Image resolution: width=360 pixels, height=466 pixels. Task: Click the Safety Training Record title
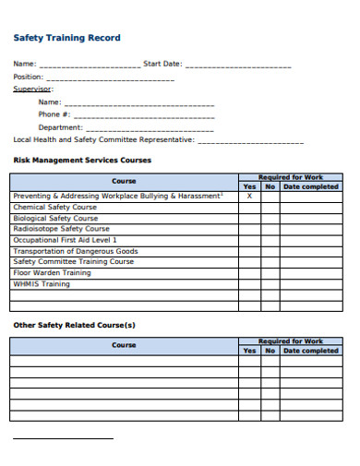coord(66,38)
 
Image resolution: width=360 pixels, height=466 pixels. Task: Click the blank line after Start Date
coord(238,66)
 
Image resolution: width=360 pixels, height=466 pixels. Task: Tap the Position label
coord(28,77)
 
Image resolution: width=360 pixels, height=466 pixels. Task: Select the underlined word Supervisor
coord(32,89)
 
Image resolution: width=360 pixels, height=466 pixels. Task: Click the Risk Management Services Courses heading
coord(82,160)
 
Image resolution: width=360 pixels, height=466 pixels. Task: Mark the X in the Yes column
coord(249,196)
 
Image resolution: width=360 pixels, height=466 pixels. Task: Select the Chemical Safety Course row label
coord(54,207)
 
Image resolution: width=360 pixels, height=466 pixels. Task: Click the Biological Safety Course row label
coord(55,218)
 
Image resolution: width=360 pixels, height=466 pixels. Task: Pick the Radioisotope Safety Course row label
coord(61,229)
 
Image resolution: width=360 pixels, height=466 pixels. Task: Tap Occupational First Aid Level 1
coord(66,240)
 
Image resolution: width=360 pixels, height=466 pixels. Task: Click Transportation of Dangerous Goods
coord(76,251)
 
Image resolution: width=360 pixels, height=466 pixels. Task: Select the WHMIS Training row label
coord(42,284)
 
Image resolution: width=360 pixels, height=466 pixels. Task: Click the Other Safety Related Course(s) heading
coord(74,325)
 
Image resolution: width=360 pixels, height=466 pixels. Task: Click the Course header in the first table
coord(124,181)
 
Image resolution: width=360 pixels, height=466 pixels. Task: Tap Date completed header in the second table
coord(310,351)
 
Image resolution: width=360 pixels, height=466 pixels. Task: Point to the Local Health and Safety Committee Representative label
coord(103,139)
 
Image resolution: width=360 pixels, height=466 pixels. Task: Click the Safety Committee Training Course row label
coord(74,262)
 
